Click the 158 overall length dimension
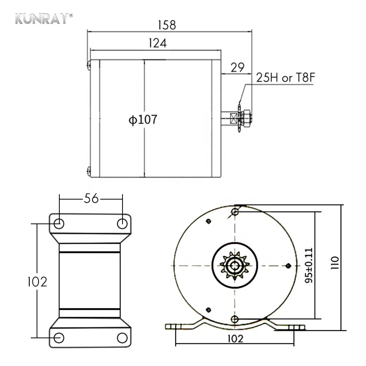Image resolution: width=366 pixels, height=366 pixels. [167, 25]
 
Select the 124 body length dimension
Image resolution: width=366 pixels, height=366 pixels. [158, 43]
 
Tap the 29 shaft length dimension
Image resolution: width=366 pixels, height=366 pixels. [237, 67]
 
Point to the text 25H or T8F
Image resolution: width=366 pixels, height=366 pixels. [286, 77]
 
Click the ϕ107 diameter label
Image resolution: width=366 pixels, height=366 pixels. [143, 119]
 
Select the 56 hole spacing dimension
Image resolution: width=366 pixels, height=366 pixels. [91, 198]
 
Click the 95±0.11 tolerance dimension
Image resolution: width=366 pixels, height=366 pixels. [309, 265]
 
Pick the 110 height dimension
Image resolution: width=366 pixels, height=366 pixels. [335, 263]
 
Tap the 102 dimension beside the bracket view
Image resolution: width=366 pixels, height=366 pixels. [37, 282]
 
